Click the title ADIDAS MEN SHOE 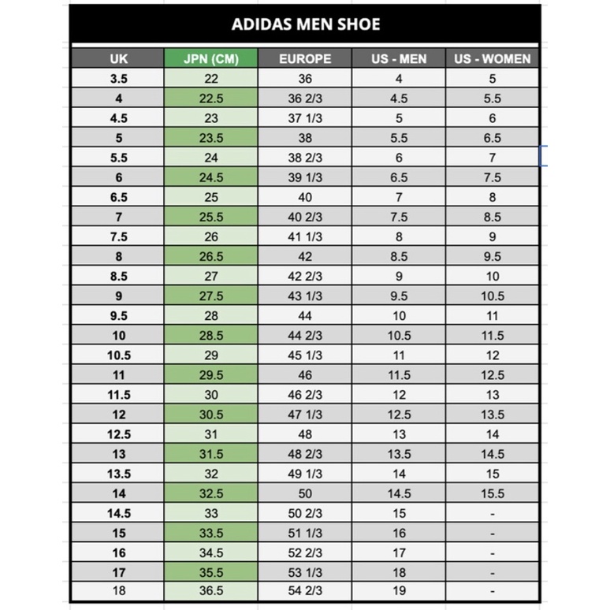point(305,24)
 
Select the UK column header point(118,58)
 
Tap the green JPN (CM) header point(210,58)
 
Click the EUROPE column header point(305,58)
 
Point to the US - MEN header point(399,58)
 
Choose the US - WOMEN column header point(493,58)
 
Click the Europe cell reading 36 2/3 point(305,99)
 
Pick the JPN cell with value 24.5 point(210,177)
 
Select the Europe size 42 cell point(305,256)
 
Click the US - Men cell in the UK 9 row point(399,296)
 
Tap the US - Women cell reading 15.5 point(493,494)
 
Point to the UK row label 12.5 point(118,434)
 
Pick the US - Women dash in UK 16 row point(493,553)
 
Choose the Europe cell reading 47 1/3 point(305,415)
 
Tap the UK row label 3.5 point(118,79)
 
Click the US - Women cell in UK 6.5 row point(493,197)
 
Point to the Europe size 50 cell point(305,494)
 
